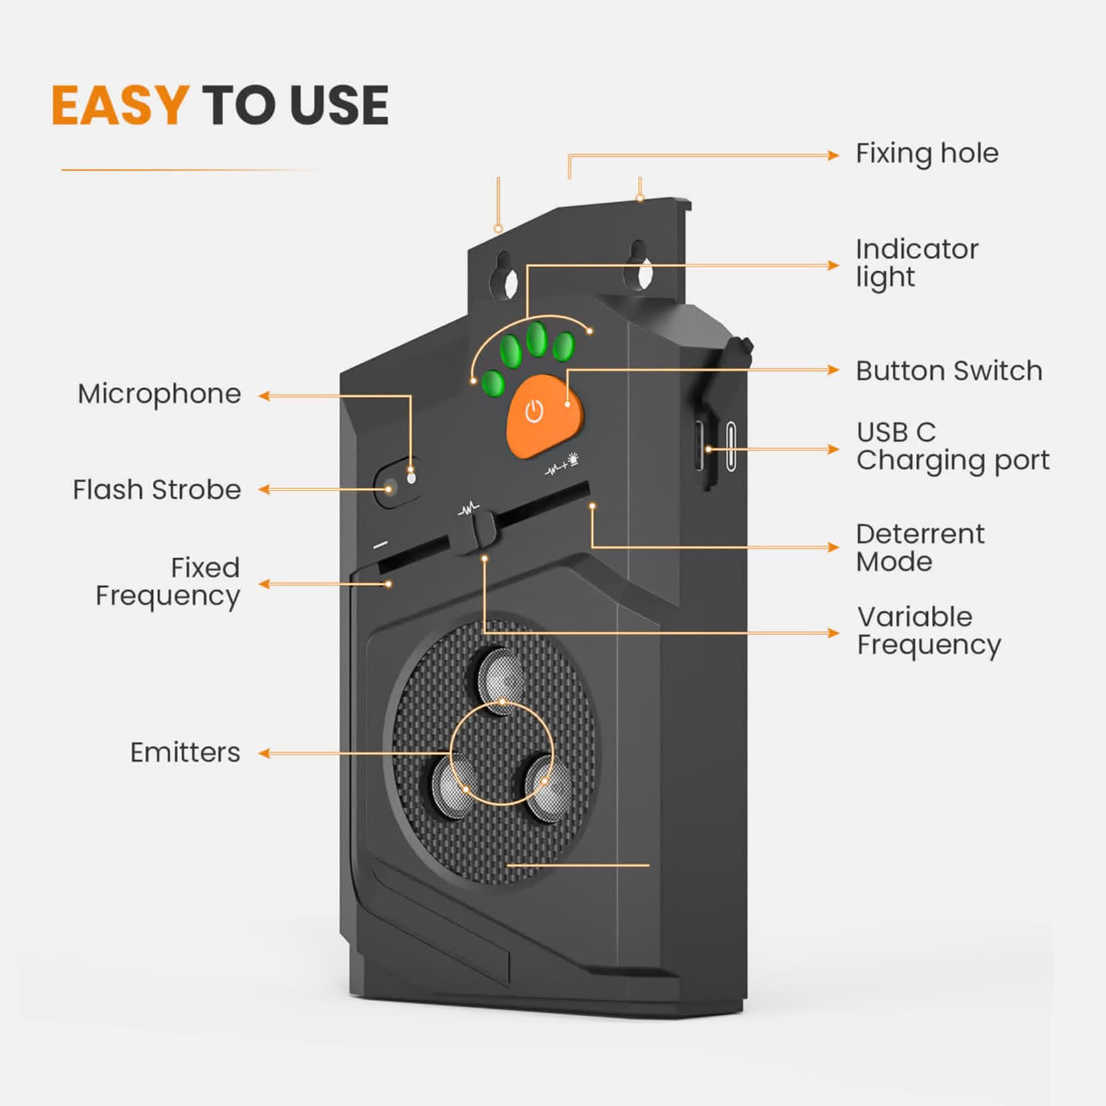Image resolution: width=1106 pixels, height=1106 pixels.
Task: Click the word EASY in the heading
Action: click(x=120, y=105)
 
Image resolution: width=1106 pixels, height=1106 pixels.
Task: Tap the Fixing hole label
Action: click(x=927, y=154)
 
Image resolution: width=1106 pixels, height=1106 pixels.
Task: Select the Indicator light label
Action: click(x=917, y=263)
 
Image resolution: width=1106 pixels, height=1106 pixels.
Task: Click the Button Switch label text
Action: click(x=949, y=371)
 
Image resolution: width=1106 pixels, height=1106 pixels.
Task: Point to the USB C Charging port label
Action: click(x=953, y=447)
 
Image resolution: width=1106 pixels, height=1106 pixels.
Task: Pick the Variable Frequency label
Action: click(x=929, y=631)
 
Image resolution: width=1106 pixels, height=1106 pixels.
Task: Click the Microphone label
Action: click(x=160, y=394)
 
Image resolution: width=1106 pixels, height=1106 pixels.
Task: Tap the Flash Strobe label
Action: click(x=157, y=490)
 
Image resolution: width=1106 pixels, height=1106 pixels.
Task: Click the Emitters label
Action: click(x=185, y=752)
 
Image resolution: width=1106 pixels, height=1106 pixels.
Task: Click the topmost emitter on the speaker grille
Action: click(x=502, y=679)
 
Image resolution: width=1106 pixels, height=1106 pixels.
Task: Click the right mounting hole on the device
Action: click(x=639, y=268)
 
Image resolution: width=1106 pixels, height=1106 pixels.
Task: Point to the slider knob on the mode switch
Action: click(x=477, y=532)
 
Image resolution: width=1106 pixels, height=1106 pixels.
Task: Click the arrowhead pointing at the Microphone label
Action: click(x=264, y=396)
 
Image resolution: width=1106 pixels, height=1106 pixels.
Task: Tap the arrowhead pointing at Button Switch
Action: click(x=833, y=370)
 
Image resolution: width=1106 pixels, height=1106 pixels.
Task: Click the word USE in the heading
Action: click(x=340, y=105)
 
